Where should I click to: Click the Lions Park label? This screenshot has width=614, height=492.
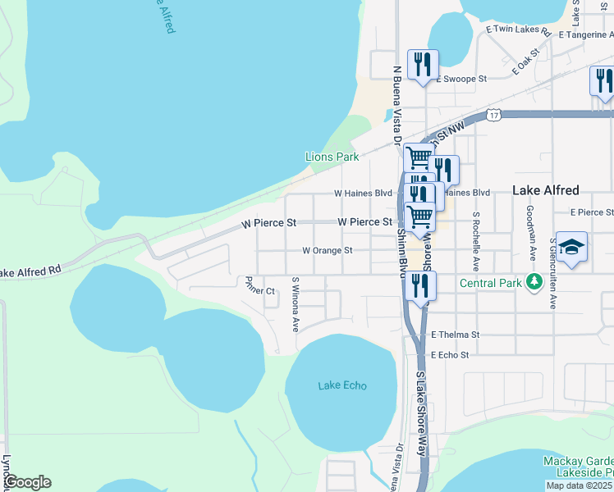click(332, 156)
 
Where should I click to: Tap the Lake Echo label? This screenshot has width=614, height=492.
click(342, 385)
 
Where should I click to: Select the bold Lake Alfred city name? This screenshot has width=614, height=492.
click(545, 189)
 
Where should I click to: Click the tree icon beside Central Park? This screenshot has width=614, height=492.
click(534, 283)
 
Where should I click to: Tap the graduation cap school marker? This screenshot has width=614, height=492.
click(572, 246)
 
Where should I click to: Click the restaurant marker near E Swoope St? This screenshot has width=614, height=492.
click(423, 64)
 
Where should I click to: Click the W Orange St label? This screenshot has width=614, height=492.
click(327, 250)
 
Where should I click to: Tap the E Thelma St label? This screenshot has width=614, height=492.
click(455, 335)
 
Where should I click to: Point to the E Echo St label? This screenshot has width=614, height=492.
click(449, 355)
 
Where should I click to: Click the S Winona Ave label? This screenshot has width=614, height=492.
click(295, 303)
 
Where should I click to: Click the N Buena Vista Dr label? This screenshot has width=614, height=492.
click(396, 107)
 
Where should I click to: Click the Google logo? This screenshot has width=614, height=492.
click(26, 482)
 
